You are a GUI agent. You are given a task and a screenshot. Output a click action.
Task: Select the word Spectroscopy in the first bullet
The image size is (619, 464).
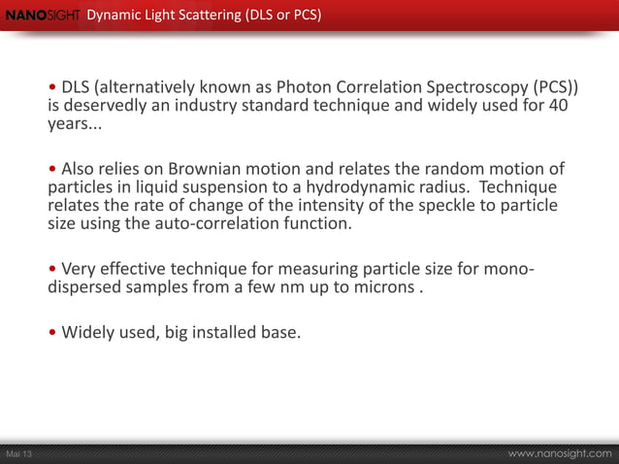click(x=492, y=84)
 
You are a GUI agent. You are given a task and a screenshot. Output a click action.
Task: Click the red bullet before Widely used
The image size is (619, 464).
click(x=52, y=334)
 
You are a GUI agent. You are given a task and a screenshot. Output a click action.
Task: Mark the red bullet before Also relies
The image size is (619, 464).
click(x=52, y=167)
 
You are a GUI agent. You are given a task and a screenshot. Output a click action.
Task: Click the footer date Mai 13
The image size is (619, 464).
click(x=19, y=454)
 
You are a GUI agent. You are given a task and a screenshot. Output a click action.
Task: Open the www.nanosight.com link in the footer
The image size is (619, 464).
click(x=561, y=453)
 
